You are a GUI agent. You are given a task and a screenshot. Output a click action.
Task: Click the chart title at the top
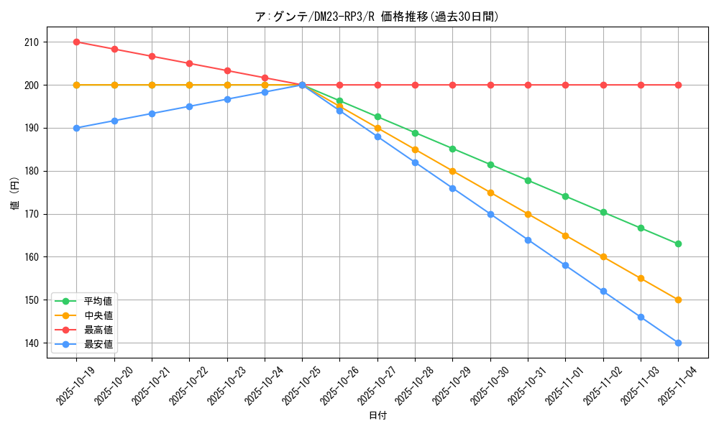pyautogui.click(x=377, y=17)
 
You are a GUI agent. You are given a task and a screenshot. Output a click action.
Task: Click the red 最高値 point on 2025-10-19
pyautogui.click(x=76, y=42)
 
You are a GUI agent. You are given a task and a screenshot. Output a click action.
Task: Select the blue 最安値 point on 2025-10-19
pyautogui.click(x=76, y=128)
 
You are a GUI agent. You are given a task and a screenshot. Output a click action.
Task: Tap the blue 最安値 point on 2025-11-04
pyautogui.click(x=678, y=343)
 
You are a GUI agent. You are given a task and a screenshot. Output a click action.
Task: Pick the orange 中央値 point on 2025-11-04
pyautogui.click(x=678, y=300)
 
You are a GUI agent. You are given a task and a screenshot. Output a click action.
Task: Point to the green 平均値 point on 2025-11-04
pyautogui.click(x=678, y=244)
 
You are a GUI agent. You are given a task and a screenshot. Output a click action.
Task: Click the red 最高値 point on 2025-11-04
pyautogui.click(x=678, y=85)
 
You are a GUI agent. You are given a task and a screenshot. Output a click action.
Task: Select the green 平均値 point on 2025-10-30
pyautogui.click(x=490, y=164)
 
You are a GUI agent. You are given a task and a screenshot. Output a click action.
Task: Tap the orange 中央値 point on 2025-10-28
pyautogui.click(x=415, y=149)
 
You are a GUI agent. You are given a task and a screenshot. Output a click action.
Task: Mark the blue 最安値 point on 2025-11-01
pyautogui.click(x=565, y=265)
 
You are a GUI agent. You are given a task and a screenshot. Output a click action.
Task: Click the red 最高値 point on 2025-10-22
pyautogui.click(x=189, y=63)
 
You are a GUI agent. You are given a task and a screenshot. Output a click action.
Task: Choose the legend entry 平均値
pyautogui.click(x=98, y=301)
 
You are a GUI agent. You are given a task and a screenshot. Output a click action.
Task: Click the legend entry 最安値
pyautogui.click(x=98, y=344)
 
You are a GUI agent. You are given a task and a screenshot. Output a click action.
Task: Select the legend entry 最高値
pyautogui.click(x=98, y=330)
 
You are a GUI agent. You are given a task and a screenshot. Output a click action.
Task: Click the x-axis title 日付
pyautogui.click(x=377, y=416)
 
